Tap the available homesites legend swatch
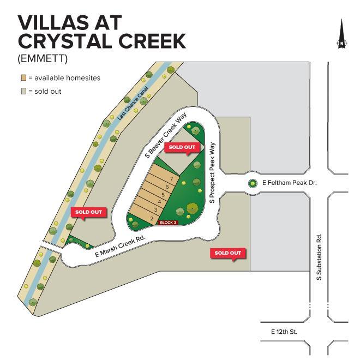pos(23,78)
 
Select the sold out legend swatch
pos(23,91)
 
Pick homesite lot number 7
pos(171,179)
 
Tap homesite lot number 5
pos(163,195)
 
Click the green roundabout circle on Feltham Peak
pos(253,184)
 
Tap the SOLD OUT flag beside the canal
pos(88,212)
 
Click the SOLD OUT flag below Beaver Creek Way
pos(182,147)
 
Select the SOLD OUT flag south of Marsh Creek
pos(228,253)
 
